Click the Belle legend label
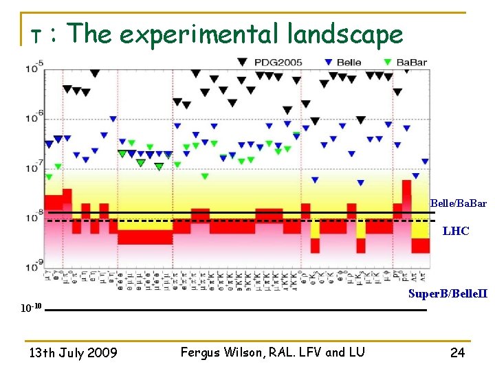pos(349,63)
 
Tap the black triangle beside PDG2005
pos(243,62)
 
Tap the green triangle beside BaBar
pos(388,62)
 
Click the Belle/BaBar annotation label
pos(458,203)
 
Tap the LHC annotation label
pos(456,232)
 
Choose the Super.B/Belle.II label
pos(448,293)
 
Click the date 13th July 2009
pos(72,353)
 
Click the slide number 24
pos(457,353)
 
